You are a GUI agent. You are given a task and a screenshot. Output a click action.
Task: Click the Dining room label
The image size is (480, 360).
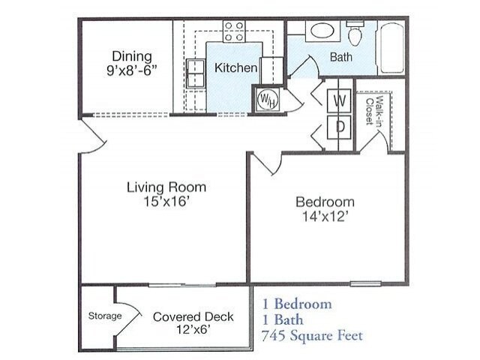[132, 56]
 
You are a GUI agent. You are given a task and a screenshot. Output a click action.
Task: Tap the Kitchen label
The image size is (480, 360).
[235, 67]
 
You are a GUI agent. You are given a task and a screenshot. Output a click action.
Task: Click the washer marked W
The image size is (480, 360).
[339, 100]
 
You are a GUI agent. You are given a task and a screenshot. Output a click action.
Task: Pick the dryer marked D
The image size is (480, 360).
[339, 127]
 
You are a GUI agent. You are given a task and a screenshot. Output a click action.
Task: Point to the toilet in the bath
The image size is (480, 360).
[355, 33]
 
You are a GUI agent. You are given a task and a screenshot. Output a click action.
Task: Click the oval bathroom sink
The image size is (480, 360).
[322, 31]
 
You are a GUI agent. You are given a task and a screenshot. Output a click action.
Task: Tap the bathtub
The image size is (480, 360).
[391, 48]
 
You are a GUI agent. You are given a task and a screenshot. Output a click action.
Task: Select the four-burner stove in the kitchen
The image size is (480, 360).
[234, 31]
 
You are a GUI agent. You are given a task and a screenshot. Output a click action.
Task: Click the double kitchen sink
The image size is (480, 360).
[195, 73]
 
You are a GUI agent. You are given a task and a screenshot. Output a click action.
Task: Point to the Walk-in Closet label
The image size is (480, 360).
[375, 111]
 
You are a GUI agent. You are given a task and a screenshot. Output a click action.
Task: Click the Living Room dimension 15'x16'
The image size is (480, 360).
[166, 202]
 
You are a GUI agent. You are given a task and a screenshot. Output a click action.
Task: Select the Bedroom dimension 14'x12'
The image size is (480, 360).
[325, 217]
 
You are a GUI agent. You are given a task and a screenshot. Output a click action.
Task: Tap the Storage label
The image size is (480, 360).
[105, 316]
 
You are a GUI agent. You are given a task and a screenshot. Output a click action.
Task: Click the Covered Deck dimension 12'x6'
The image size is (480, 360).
[193, 330]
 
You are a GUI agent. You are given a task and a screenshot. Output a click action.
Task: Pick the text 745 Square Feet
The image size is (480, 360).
[312, 336]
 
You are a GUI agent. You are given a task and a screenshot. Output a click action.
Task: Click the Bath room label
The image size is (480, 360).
[341, 57]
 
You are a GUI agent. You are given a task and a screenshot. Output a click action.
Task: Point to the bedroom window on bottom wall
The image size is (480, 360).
[365, 283]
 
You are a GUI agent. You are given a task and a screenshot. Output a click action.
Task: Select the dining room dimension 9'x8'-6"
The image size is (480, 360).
[132, 70]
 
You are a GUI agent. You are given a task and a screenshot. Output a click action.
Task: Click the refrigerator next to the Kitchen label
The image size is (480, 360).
[271, 70]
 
